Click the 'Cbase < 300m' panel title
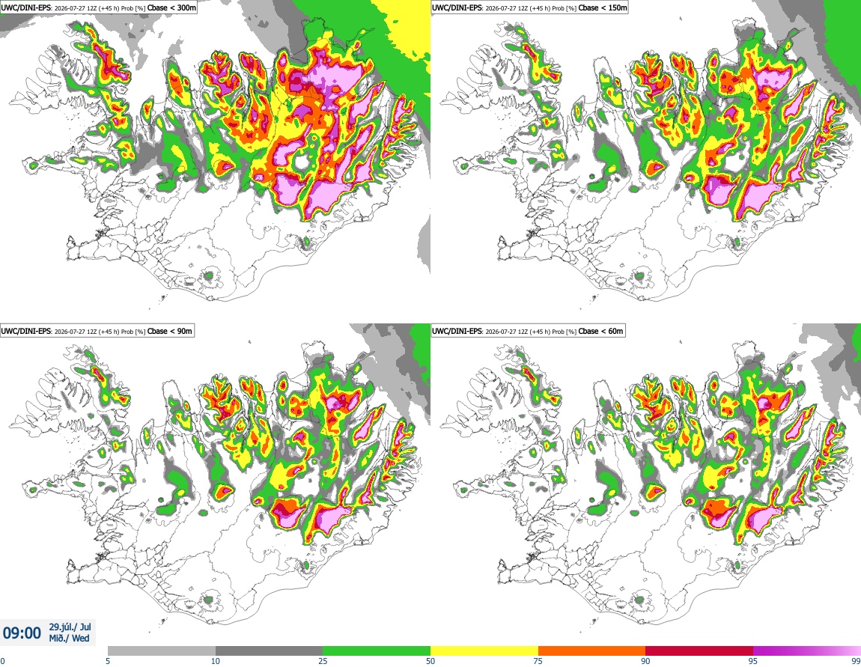(x=172, y=7)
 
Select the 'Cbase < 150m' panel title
(x=603, y=7)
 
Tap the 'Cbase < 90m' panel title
(x=170, y=331)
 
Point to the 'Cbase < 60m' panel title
(x=600, y=331)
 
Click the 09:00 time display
(x=22, y=633)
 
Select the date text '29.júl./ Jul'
(x=70, y=627)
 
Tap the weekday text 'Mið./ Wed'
(x=69, y=639)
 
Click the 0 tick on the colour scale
(x=2, y=661)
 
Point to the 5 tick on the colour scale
(x=108, y=661)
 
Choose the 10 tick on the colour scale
(x=216, y=661)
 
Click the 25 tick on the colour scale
(x=323, y=661)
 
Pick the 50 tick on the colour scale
(x=431, y=661)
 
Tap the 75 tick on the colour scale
(x=538, y=661)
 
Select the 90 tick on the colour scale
(x=645, y=661)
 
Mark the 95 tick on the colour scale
(x=753, y=661)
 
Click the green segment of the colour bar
(x=377, y=651)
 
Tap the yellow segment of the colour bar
(x=484, y=651)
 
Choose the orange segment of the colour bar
(x=592, y=651)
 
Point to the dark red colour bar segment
(x=699, y=651)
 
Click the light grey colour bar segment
(x=162, y=651)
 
